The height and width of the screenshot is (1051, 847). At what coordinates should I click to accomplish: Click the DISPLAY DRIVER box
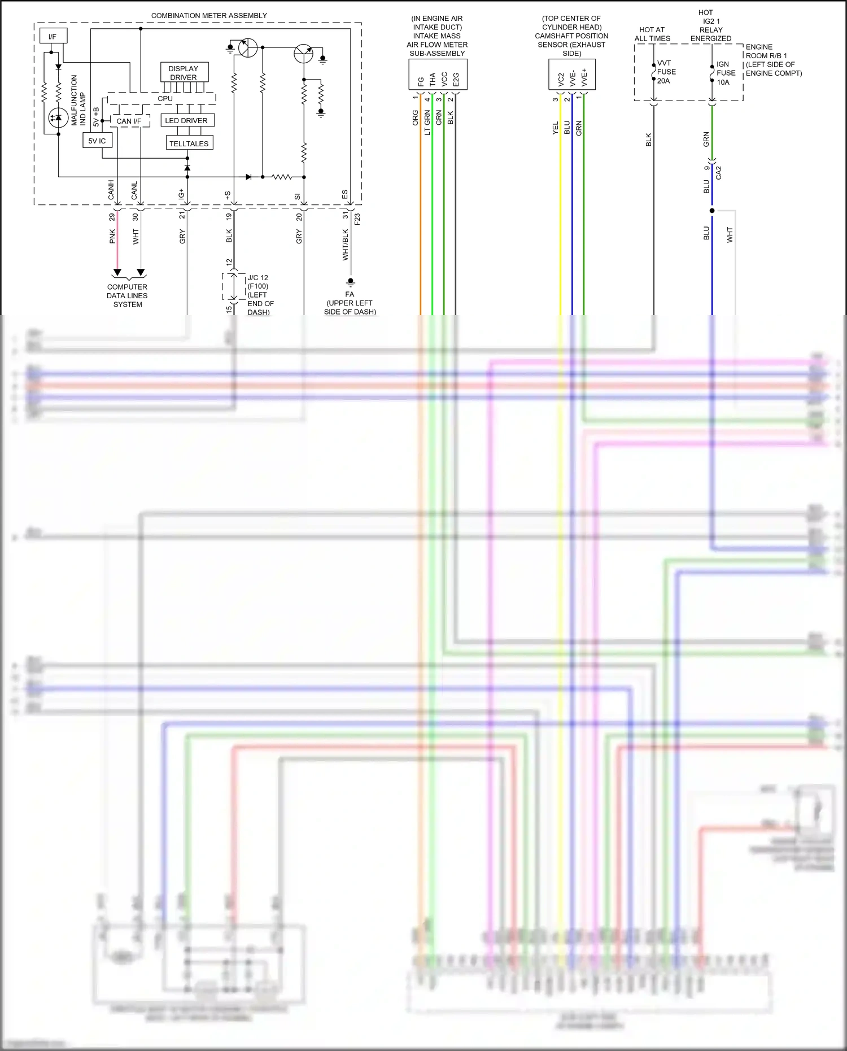coord(184,72)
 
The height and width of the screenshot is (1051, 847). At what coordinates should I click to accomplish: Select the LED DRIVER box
coord(186,120)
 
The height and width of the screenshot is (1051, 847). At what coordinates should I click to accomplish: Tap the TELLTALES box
coord(189,143)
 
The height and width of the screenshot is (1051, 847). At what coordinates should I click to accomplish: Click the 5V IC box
coord(97,141)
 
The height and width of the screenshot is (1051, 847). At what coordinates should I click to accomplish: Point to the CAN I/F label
coord(129,121)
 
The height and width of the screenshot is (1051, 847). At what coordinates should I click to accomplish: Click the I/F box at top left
coord(53,36)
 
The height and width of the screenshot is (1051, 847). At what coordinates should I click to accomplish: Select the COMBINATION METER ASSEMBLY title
coord(209,15)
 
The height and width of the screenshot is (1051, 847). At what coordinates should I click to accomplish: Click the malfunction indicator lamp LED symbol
coord(58,117)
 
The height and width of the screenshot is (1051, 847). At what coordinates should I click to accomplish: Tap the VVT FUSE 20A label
coord(666,72)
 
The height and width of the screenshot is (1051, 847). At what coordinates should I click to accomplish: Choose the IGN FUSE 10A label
coord(726,73)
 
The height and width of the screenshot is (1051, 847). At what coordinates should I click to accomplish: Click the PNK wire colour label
coord(112,236)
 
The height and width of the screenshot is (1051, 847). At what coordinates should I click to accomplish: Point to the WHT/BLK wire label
coord(345,245)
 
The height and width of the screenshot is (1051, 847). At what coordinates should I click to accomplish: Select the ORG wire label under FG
coord(416,118)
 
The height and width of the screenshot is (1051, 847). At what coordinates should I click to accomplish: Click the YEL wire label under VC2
coord(555,128)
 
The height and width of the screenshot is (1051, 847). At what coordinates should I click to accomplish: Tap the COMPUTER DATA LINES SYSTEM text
coord(128,295)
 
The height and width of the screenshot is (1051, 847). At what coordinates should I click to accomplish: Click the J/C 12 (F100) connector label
coord(258,282)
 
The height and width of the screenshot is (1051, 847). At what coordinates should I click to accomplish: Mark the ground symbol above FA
coord(351,282)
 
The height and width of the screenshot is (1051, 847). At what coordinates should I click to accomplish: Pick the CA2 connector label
coord(719,173)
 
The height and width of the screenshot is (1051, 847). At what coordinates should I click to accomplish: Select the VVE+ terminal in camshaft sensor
coord(584,77)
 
